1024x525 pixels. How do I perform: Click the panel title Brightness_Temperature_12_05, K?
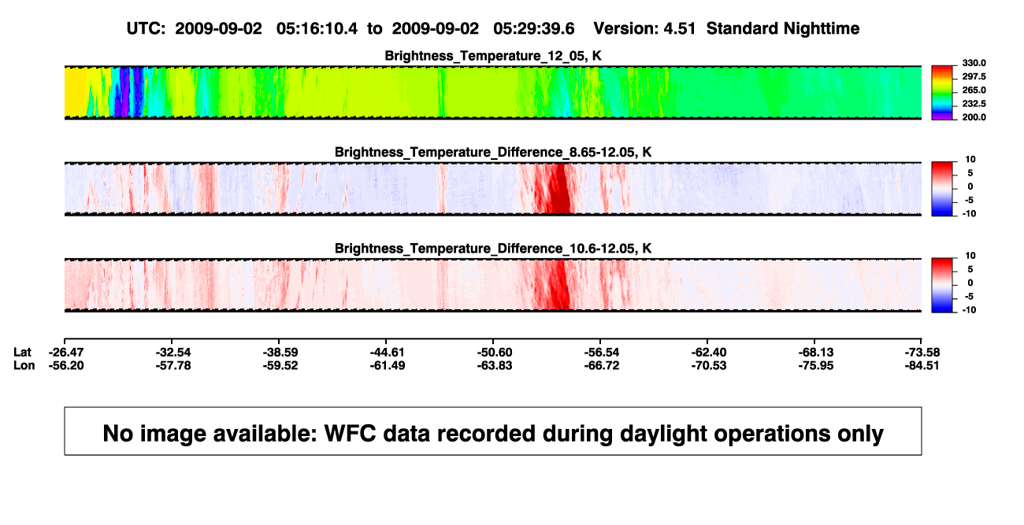tap(493, 56)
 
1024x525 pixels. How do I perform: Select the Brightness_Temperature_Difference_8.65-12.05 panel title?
tap(493, 152)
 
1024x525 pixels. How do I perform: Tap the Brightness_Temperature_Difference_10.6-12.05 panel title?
tap(493, 249)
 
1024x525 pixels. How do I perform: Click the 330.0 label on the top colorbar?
tap(974, 63)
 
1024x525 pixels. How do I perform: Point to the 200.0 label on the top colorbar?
tap(974, 117)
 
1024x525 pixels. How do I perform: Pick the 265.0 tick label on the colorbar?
tap(974, 90)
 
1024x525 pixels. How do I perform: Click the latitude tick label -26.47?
tap(66, 353)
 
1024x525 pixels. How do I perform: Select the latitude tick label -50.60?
tap(495, 353)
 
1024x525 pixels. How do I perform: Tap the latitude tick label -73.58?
tap(922, 353)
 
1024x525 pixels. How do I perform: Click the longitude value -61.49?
tap(388, 365)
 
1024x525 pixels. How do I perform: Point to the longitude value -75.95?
tap(816, 365)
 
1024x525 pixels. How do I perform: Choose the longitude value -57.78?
tap(173, 365)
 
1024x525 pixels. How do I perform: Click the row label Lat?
tap(22, 353)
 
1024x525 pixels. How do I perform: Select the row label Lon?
tap(24, 365)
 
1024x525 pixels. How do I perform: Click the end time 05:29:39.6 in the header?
tap(534, 28)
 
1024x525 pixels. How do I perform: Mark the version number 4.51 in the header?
tap(680, 28)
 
